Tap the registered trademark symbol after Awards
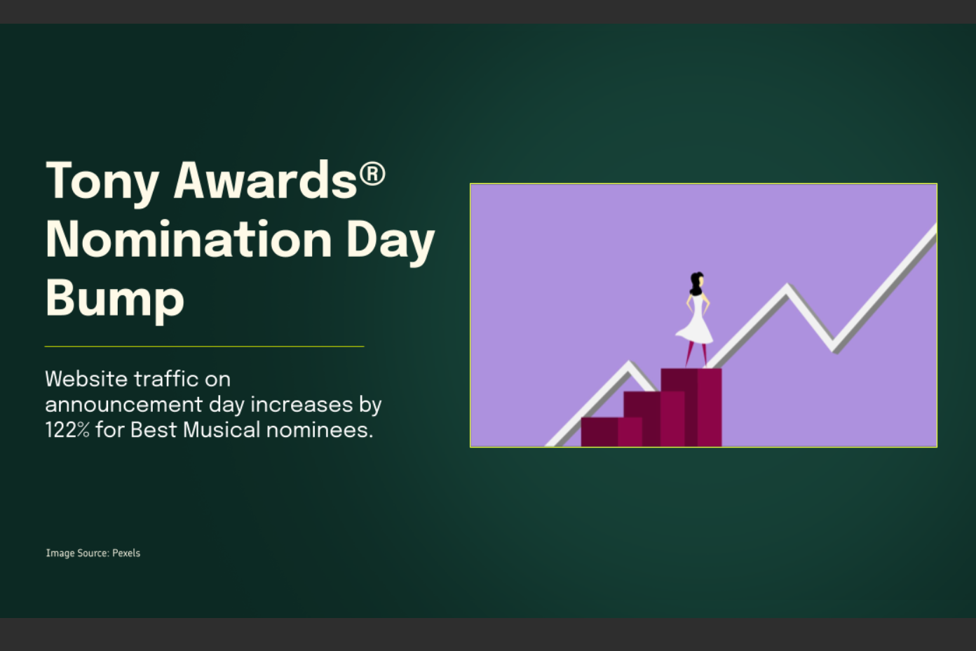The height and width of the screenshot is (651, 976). tap(372, 174)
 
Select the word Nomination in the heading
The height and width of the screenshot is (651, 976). tap(189, 239)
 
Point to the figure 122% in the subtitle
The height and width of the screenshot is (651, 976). tap(67, 430)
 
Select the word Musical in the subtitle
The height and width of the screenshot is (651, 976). tap(222, 430)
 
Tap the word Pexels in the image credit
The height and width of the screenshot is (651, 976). tap(126, 553)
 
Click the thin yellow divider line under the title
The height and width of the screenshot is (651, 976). tap(204, 347)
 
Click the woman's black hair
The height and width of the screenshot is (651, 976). tap(696, 283)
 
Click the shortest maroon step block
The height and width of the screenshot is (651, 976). tap(611, 431)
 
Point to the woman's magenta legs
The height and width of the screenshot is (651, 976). tap(696, 354)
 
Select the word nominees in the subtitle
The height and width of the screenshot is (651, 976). tap(320, 430)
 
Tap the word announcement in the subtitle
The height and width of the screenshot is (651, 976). tap(123, 405)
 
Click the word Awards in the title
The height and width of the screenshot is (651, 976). tap(265, 180)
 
